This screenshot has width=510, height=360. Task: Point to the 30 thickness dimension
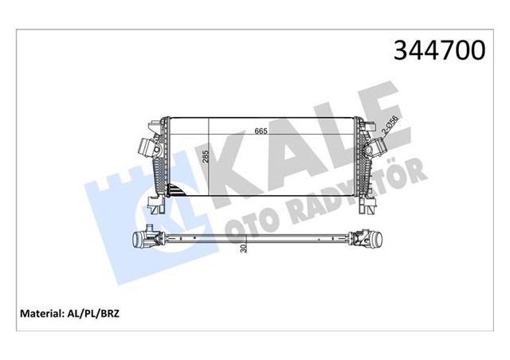[244, 248]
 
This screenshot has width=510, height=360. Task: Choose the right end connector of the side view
[368, 238]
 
